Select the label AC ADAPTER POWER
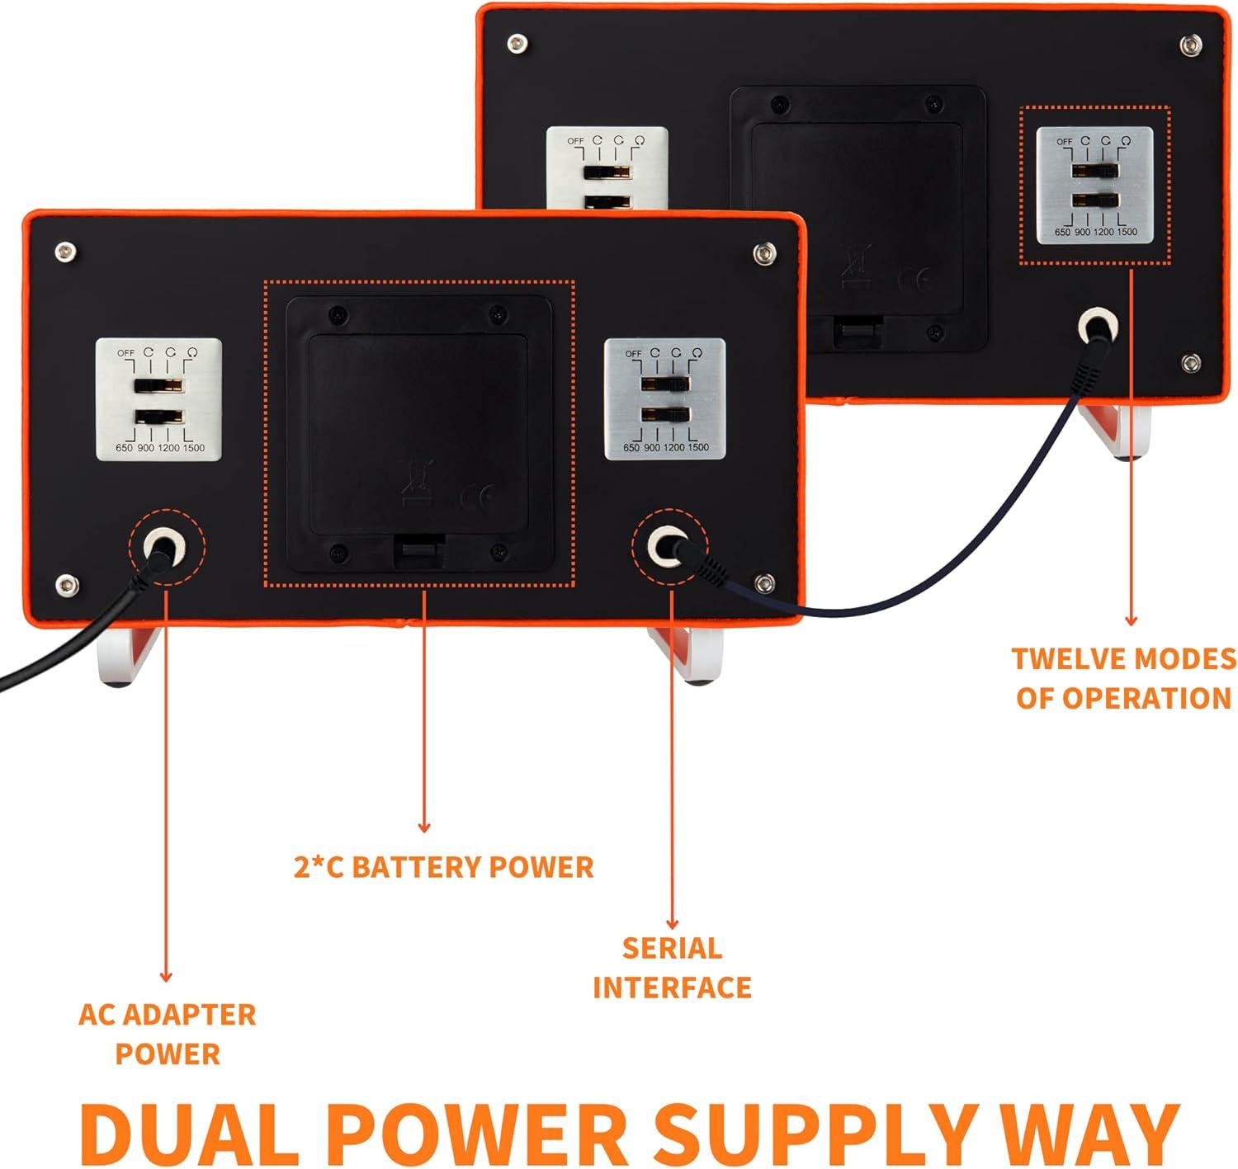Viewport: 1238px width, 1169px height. [168, 1034]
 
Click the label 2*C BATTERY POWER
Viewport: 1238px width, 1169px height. [444, 867]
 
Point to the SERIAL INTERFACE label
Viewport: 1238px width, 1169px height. [672, 967]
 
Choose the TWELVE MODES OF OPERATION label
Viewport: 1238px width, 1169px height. [1123, 678]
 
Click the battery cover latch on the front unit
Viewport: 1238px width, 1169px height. [418, 549]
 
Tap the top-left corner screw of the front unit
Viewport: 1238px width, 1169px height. [65, 250]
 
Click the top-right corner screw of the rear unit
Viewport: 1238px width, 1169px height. [1190, 43]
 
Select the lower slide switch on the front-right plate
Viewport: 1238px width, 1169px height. [665, 413]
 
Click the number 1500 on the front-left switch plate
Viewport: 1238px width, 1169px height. [193, 448]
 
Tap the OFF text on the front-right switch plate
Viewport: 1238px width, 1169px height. [633, 354]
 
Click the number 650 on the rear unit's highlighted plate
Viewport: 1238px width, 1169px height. [1062, 233]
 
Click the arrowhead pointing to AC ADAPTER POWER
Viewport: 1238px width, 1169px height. [166, 978]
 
